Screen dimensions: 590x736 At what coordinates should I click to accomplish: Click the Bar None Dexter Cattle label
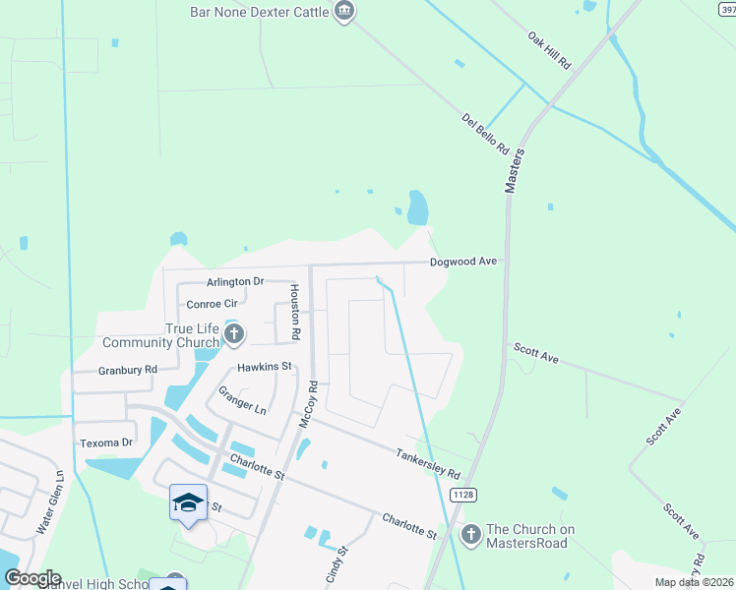tap(260, 12)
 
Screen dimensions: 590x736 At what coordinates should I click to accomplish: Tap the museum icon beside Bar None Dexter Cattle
tap(344, 12)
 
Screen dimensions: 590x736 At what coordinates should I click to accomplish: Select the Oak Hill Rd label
tap(549, 48)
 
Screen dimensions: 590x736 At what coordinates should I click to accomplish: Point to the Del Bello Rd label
tap(485, 134)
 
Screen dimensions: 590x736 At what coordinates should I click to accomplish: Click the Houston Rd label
tap(293, 313)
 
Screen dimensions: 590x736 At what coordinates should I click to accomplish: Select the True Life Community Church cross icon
tap(233, 335)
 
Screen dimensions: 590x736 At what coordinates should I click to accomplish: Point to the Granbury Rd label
tap(128, 370)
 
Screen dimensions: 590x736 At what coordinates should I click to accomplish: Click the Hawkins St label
tap(265, 367)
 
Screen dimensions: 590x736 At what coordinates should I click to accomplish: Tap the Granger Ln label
tap(242, 399)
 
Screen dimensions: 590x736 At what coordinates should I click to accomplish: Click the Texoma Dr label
tap(105, 442)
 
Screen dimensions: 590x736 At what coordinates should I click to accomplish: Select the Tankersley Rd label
tap(428, 458)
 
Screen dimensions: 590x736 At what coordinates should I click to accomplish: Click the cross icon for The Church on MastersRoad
tap(470, 534)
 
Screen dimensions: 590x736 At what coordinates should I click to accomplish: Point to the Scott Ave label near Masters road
tap(535, 354)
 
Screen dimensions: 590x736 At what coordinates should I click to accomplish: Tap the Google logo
tap(33, 578)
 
